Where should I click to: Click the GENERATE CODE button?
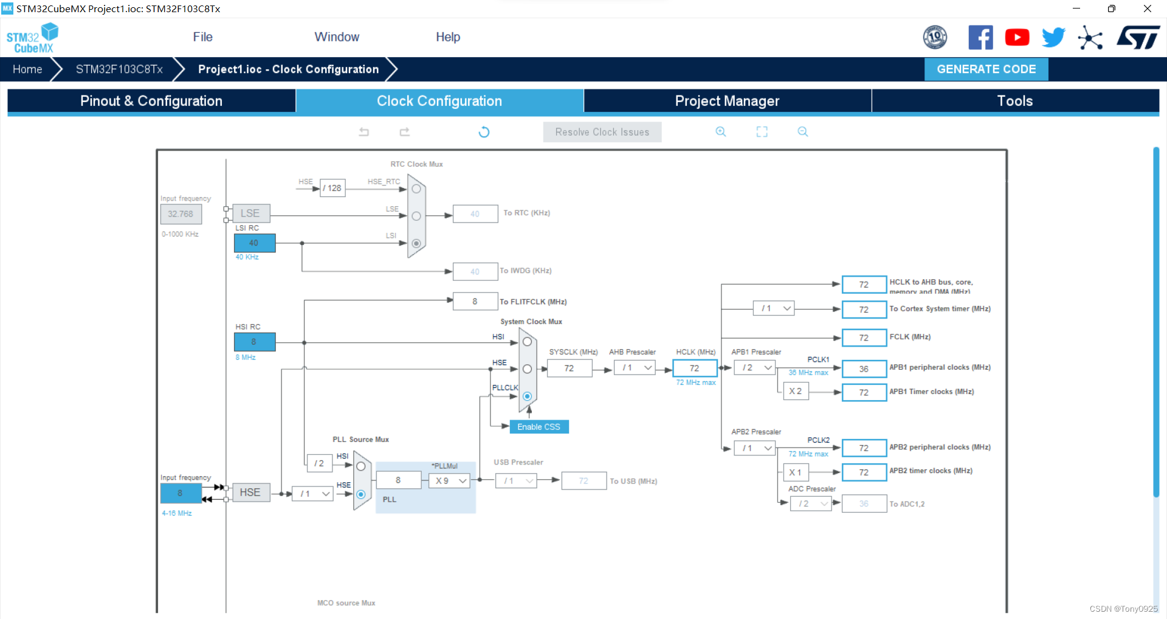coord(986,69)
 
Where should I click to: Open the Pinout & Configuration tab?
coord(151,101)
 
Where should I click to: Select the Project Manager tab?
coord(727,101)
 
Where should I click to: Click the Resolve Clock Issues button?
coord(602,132)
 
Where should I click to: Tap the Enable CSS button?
coord(539,427)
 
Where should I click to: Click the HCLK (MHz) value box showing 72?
coord(694,368)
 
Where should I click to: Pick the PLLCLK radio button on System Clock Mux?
coord(527,396)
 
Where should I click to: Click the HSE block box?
coord(250,493)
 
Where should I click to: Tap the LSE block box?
coord(250,213)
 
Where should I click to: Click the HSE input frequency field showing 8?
coord(181,493)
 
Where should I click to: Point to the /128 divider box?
coord(332,188)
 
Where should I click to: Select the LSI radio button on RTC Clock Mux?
coord(416,243)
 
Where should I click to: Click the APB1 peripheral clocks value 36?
coord(864,369)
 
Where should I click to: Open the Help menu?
coord(448,37)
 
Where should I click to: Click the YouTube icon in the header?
coord(1017,38)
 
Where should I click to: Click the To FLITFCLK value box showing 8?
coord(475,302)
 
